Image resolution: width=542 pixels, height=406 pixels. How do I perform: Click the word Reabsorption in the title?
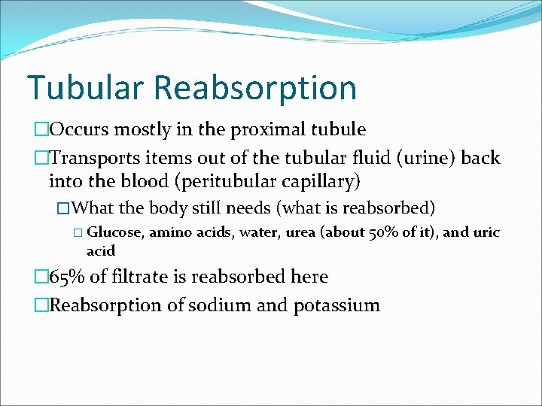(x=255, y=89)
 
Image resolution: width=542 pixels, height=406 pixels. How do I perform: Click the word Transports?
(x=96, y=157)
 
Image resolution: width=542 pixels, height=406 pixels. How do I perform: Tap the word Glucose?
(x=120, y=232)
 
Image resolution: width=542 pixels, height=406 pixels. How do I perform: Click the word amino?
(x=170, y=232)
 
